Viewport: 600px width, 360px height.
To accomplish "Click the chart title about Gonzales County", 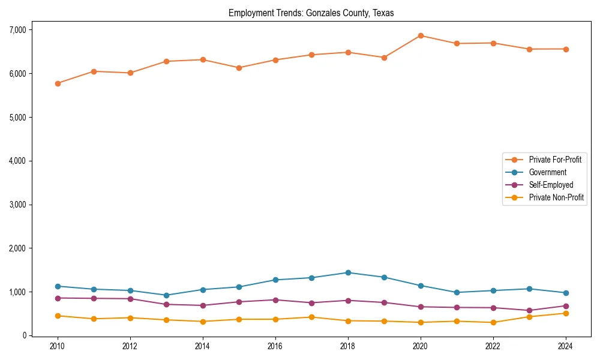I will [x=311, y=13].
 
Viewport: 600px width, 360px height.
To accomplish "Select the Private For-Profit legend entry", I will [x=555, y=160].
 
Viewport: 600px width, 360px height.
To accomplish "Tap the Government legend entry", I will [x=547, y=172].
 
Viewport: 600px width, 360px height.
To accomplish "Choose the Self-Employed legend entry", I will [x=551, y=185].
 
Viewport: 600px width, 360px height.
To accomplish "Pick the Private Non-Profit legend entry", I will [x=556, y=197].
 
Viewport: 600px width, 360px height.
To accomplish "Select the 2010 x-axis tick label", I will [x=58, y=346].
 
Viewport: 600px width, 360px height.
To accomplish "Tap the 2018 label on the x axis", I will [x=348, y=346].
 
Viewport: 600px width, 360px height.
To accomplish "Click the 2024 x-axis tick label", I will [x=565, y=346].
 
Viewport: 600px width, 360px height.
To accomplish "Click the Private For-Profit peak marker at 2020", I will [x=421, y=35].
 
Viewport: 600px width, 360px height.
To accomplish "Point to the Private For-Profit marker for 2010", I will [x=58, y=83].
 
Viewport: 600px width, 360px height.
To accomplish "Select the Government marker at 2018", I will [x=348, y=272].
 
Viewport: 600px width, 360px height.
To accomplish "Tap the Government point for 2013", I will [x=166, y=295].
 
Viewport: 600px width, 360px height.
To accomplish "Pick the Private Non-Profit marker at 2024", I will [x=565, y=313].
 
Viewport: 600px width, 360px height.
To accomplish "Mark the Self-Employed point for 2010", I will [x=58, y=298].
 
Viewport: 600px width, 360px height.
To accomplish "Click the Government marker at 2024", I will [x=565, y=293].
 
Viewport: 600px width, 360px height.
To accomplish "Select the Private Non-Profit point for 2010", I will [x=58, y=316].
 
